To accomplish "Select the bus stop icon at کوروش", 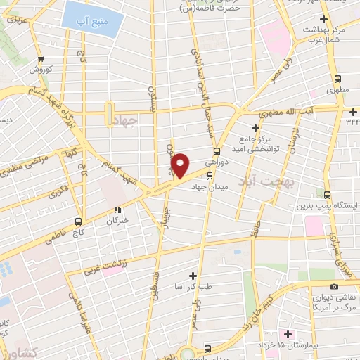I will coord(41,59).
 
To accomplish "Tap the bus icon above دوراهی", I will coord(217,150).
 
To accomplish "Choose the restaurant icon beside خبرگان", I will coord(117,209).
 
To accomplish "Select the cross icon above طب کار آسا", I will coord(193,275).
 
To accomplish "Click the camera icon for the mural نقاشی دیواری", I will coord(334,286).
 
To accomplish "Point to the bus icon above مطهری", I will coord(338,79).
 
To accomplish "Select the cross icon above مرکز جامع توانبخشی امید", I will coord(255,128).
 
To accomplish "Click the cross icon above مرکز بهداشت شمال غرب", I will coord(323,19).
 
